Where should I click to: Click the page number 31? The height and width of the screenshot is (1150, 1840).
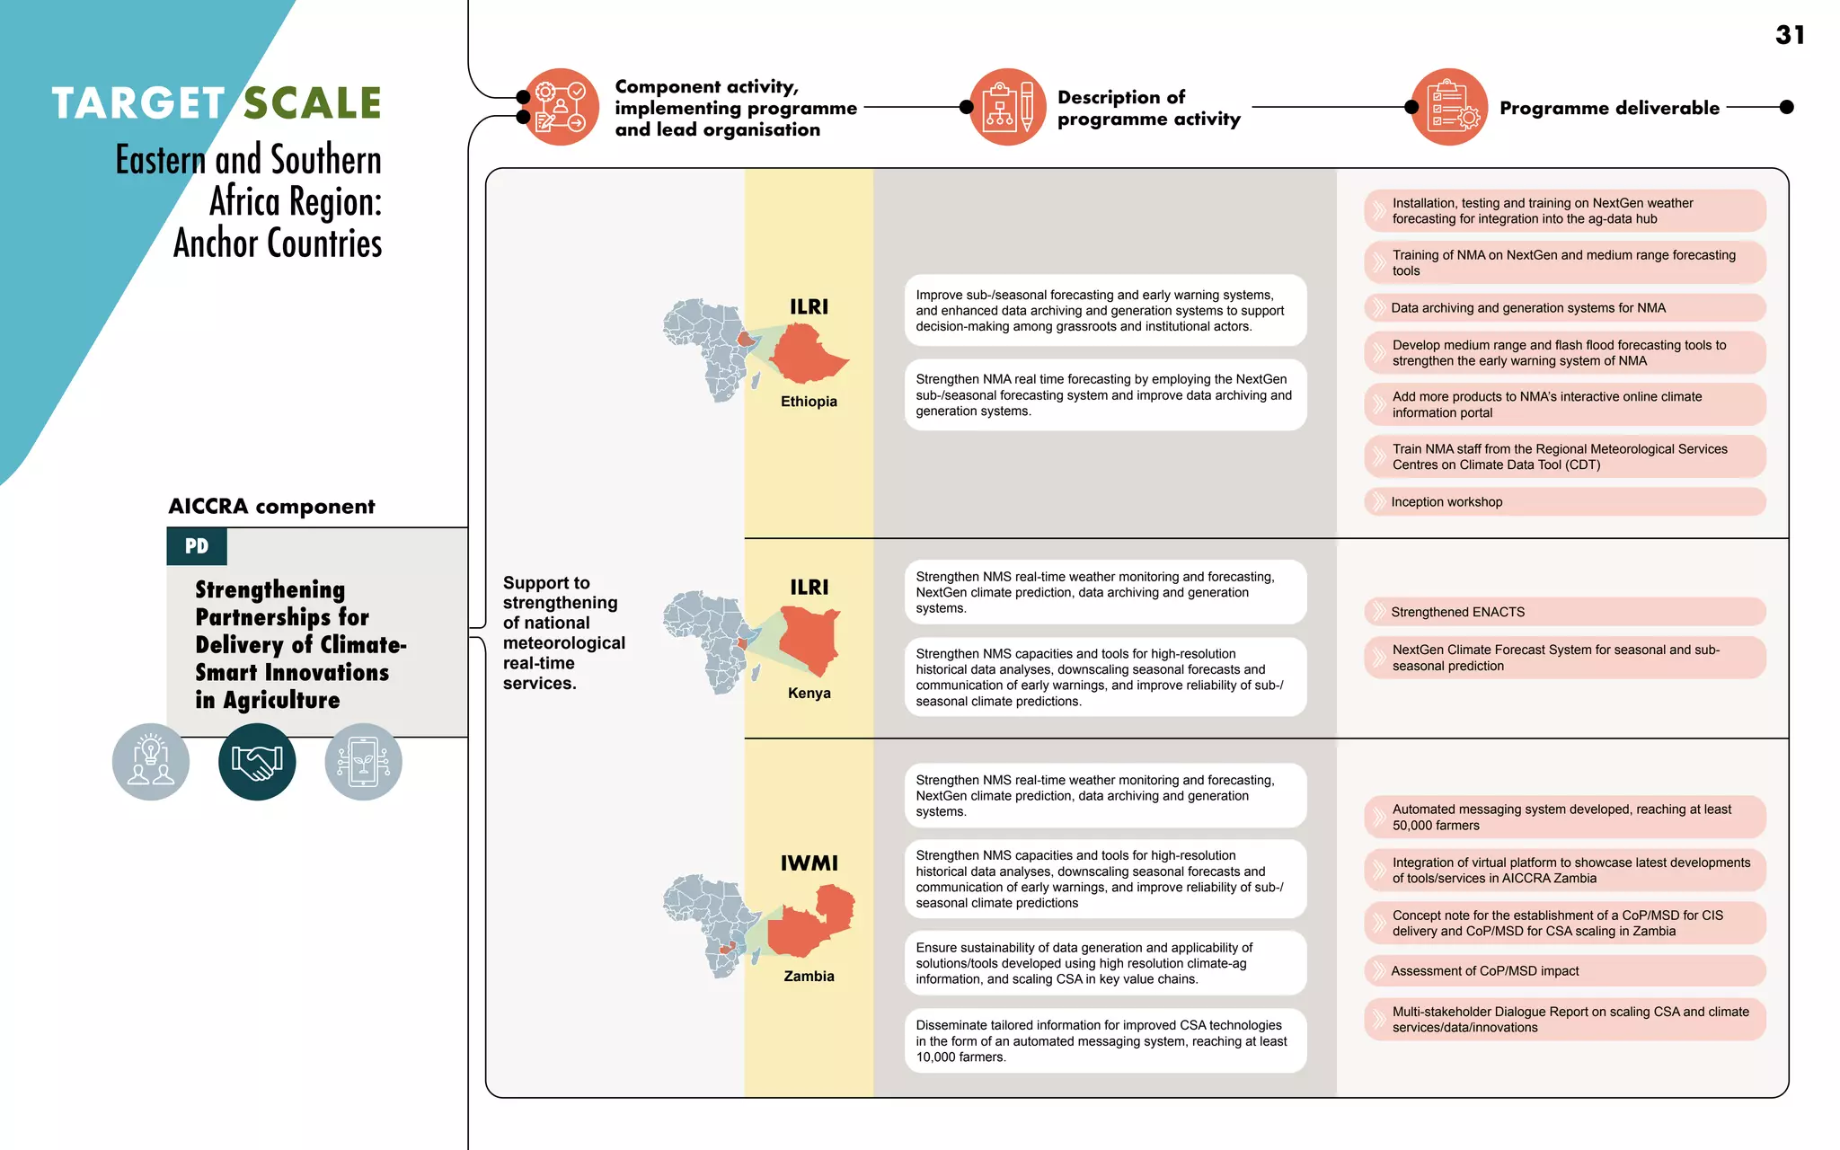1790,35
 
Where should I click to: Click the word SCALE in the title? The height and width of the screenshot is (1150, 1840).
313,103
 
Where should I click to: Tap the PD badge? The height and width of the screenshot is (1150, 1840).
197,546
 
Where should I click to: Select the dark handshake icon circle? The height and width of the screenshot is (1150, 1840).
257,762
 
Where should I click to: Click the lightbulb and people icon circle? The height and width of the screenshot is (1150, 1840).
151,762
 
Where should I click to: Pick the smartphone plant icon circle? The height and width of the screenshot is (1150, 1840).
363,762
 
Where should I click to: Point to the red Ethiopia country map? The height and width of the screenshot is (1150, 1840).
806,354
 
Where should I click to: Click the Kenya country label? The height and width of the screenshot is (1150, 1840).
809,693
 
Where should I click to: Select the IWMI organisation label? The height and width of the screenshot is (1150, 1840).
809,863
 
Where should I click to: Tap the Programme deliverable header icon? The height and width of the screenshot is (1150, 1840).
1449,107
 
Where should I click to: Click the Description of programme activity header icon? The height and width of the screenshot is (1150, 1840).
1007,107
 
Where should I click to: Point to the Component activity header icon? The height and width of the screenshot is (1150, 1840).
561,107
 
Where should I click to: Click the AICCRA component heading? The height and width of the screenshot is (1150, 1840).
271,507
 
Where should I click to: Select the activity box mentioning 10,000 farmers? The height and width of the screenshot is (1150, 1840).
1105,1041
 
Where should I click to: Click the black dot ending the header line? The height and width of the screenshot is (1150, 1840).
1787,107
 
